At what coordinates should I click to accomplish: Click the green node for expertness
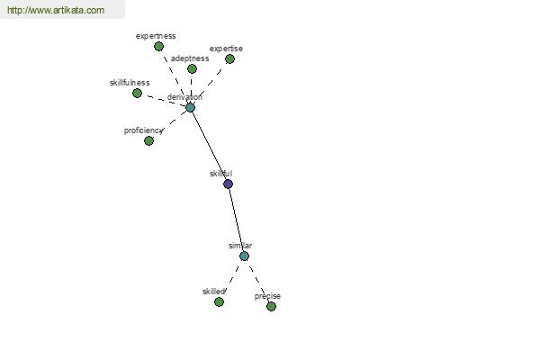(x=158, y=47)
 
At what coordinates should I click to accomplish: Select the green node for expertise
(x=229, y=59)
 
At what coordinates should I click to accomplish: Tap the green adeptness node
(x=193, y=69)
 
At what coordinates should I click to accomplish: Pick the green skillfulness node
(x=137, y=93)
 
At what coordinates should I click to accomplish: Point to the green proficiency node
(x=148, y=140)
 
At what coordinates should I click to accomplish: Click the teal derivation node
(x=191, y=107)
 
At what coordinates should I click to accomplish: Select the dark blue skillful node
(x=228, y=184)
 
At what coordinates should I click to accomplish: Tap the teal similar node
(x=244, y=256)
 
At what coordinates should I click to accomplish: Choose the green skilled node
(x=219, y=302)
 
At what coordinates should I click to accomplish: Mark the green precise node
(x=272, y=306)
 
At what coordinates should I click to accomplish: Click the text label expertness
(x=156, y=36)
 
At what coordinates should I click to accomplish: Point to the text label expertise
(x=226, y=49)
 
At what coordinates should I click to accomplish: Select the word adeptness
(x=190, y=58)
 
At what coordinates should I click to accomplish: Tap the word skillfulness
(x=130, y=83)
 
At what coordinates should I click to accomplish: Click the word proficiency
(x=143, y=130)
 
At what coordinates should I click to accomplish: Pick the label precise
(x=267, y=296)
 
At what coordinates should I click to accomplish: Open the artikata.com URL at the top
(x=56, y=10)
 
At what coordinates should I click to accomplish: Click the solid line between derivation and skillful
(x=209, y=146)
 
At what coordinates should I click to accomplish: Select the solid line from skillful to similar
(x=236, y=220)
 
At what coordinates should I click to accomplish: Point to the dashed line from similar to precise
(x=259, y=282)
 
